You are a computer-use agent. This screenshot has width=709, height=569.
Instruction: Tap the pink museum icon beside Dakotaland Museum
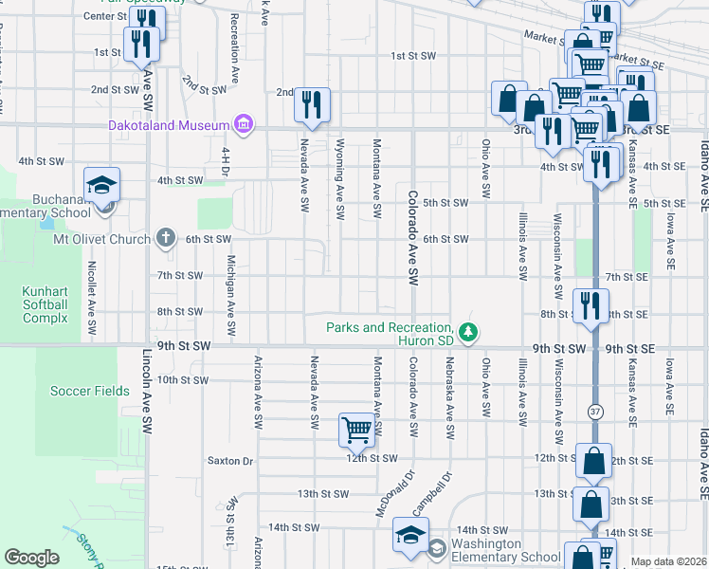(x=245, y=124)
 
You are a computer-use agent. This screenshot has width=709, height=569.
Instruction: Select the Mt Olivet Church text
(x=102, y=239)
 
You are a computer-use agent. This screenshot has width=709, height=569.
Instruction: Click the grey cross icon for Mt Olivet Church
(x=166, y=238)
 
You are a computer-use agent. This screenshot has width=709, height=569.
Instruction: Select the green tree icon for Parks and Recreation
(x=467, y=331)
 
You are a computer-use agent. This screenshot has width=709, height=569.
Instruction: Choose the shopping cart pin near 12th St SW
(x=356, y=430)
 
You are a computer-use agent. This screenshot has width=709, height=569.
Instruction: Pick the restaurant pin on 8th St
(x=592, y=305)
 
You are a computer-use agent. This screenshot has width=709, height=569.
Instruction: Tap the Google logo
(x=31, y=558)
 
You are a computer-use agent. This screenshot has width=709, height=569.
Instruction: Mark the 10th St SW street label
(x=183, y=379)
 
